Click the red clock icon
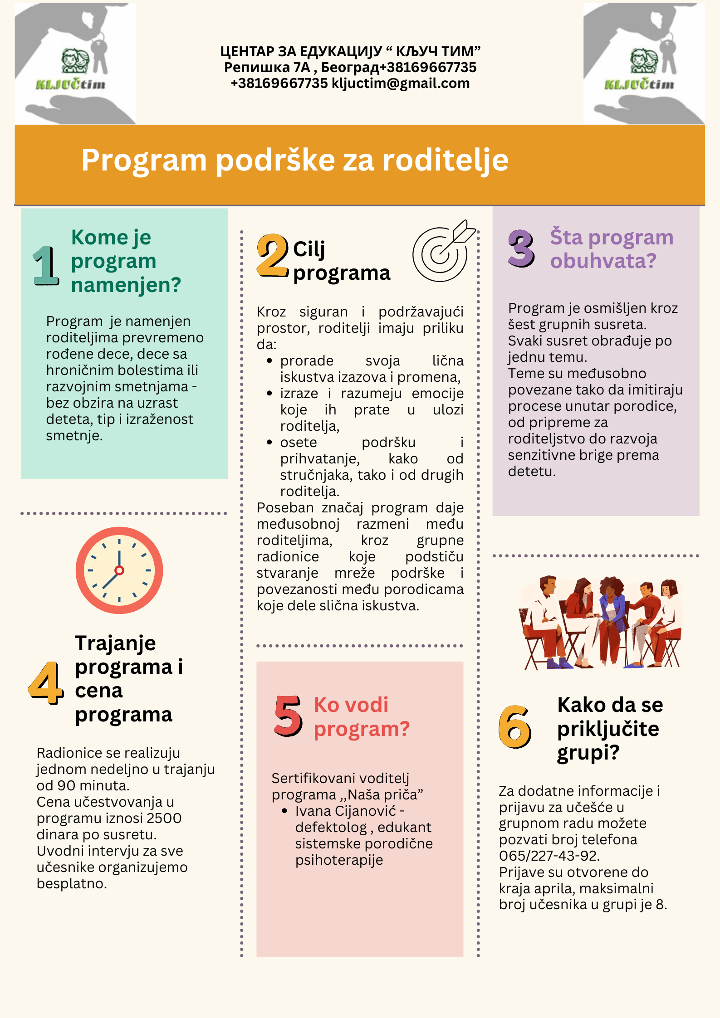(x=119, y=570)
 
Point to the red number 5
(x=288, y=716)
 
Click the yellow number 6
(x=514, y=727)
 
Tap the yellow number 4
(x=45, y=682)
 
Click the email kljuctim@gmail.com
(x=401, y=83)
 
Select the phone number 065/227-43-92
(x=549, y=856)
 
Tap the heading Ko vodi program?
(x=362, y=717)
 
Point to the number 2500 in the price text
(x=165, y=818)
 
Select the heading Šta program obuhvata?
(x=611, y=249)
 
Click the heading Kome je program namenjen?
(x=125, y=261)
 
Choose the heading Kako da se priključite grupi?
(x=610, y=729)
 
